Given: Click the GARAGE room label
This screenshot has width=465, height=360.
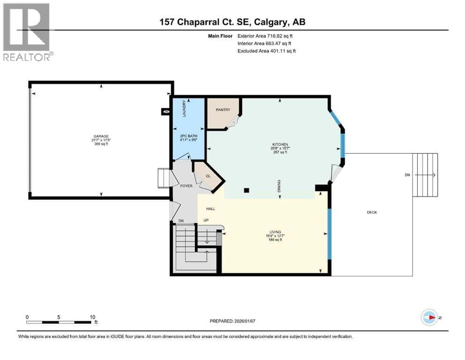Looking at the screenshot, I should pos(101,136).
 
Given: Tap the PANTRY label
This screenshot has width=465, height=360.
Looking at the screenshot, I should pos(223,110).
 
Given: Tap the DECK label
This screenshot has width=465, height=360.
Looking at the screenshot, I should pos(372,212).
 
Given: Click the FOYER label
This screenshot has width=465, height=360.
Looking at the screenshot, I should pos(186,186).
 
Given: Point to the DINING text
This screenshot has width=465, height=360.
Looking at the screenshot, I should pos(279,186).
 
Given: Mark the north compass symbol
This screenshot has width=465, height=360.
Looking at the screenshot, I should pos(429,317).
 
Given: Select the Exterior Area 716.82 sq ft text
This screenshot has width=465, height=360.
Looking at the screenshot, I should pos(267,36).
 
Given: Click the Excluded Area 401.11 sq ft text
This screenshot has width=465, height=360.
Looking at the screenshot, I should pos(267,51).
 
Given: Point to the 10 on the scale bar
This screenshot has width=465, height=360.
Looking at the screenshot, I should pos(92,316).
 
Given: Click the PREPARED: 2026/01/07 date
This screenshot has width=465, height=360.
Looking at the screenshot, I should pos(233,321).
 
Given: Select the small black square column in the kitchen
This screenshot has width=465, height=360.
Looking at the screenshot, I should pos(247,190).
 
